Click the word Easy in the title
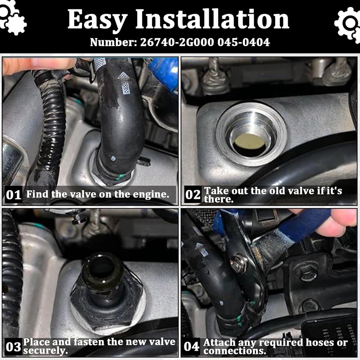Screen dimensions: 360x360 click(97, 20)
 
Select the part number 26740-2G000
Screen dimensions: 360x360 click(177, 42)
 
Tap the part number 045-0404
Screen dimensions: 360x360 click(244, 42)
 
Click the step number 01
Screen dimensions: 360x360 click(14, 195)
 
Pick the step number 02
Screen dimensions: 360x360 click(193, 195)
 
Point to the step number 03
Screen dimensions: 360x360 click(13, 347)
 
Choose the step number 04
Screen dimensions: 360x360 click(192, 346)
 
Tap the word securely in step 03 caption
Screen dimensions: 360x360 click(45, 351)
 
